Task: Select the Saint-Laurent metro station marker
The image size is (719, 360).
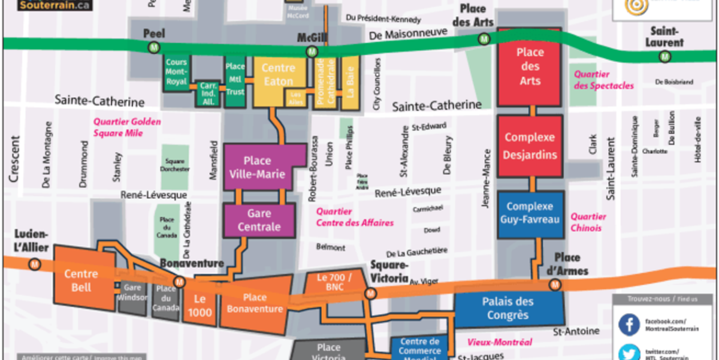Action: pos(664,57)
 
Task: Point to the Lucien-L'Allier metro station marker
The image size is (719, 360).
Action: pos(36,262)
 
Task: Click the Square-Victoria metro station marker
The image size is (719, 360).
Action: pos(370,293)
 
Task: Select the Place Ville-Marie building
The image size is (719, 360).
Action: pos(256,167)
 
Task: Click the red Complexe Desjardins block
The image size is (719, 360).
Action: pos(530,146)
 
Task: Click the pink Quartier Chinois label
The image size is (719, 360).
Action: pos(588,222)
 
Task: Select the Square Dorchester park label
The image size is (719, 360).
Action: pos(176,165)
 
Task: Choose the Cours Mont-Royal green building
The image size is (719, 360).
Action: pos(176,72)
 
